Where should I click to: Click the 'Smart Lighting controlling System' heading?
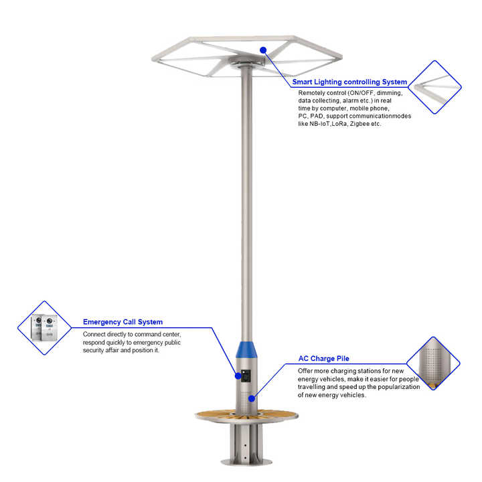pyautogui.click(x=349, y=82)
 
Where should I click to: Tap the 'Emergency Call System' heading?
pyautogui.click(x=123, y=322)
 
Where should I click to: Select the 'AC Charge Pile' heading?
pyautogui.click(x=324, y=358)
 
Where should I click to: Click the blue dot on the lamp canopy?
pyautogui.click(x=263, y=50)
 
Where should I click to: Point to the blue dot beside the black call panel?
pyautogui.click(x=238, y=376)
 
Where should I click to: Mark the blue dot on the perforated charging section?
pyautogui.click(x=252, y=398)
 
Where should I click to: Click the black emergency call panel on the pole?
pyautogui.click(x=246, y=376)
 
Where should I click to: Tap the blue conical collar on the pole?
pyautogui.click(x=246, y=349)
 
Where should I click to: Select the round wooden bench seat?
pyautogui.click(x=246, y=416)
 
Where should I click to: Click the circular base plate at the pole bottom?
pyautogui.click(x=246, y=462)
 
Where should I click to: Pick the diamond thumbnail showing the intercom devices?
pyautogui.click(x=45, y=327)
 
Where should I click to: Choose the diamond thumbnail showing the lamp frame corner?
pyautogui.click(x=434, y=87)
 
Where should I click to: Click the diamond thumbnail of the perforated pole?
pyautogui.click(x=433, y=364)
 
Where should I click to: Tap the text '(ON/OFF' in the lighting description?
pyautogui.click(x=361, y=93)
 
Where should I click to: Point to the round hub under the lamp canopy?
pyautogui.click(x=248, y=62)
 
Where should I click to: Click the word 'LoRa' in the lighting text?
pyautogui.click(x=340, y=124)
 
